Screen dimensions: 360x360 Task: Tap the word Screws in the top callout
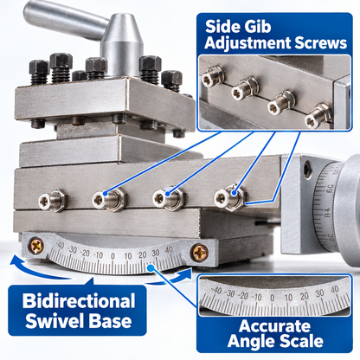[320, 43]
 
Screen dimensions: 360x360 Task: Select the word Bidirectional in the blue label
[79, 301]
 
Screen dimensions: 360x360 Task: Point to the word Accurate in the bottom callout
[274, 326]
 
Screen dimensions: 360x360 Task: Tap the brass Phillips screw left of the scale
[36, 246]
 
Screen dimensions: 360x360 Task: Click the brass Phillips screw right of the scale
[200, 252]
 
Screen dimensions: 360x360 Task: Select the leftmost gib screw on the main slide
[52, 200]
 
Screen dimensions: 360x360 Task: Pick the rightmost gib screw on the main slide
[229, 197]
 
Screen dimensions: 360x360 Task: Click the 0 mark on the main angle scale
[112, 256]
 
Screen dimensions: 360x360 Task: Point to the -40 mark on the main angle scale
[60, 246]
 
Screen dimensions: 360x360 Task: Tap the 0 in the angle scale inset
[273, 298]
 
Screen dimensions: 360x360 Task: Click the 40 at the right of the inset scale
[335, 290]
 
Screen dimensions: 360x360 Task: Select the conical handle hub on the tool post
[122, 45]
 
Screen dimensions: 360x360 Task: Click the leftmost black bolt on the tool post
[39, 72]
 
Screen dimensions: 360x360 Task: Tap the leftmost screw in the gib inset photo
[212, 76]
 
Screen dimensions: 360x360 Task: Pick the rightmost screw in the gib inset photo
[318, 116]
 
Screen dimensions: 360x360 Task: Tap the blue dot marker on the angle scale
[151, 268]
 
